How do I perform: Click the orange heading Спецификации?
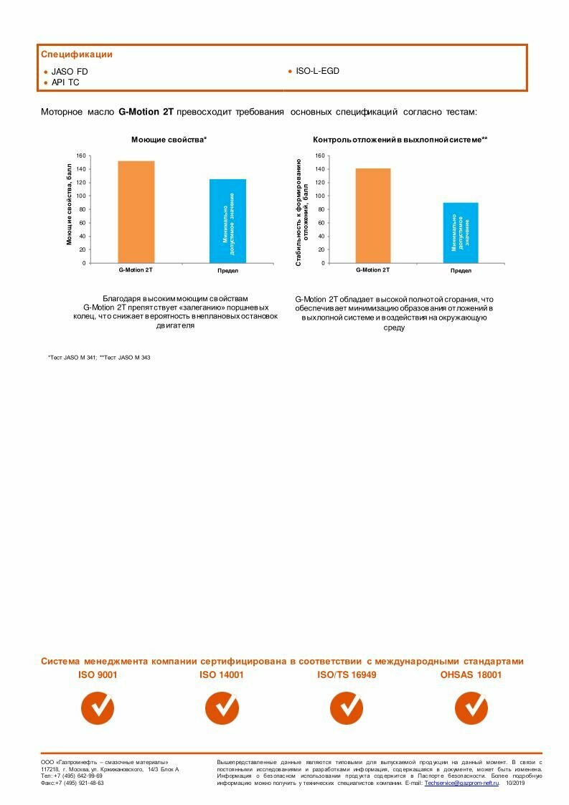77,54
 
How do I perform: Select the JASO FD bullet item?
70,72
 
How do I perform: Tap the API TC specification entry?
65,82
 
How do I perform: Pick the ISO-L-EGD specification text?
317,71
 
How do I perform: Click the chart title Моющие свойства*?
169,139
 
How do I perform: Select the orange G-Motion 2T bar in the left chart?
136,211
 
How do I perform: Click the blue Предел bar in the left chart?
227,221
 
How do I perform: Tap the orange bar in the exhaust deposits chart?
372,215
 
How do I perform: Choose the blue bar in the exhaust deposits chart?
460,232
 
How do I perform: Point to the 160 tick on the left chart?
81,156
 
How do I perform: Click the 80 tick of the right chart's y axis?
320,209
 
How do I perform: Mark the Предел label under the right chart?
461,271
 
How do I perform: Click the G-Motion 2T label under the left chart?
136,270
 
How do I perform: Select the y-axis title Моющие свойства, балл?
70,204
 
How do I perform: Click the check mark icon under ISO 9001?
98,708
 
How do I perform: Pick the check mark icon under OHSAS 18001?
471,708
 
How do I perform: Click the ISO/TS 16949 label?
347,675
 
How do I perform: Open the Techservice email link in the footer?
461,783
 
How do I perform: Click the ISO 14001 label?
222,675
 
